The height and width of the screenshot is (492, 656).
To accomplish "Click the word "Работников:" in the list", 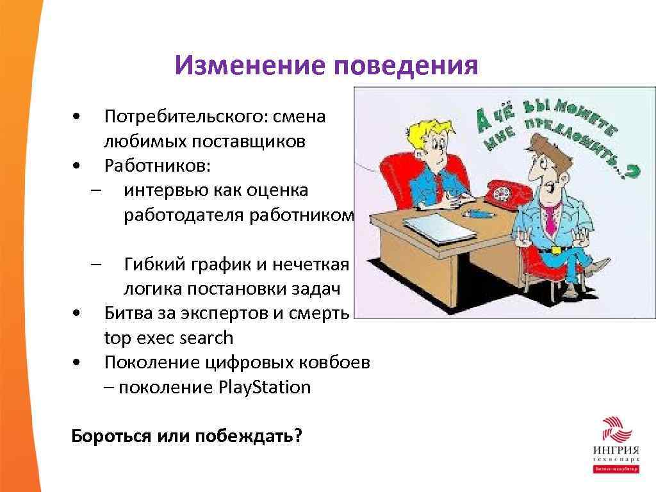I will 157,166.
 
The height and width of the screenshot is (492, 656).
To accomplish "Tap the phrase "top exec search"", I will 168,338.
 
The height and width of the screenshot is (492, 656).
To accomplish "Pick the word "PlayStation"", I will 265,388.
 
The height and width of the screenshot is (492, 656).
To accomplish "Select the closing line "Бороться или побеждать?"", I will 186,436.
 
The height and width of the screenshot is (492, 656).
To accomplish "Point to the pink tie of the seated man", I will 550,218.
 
